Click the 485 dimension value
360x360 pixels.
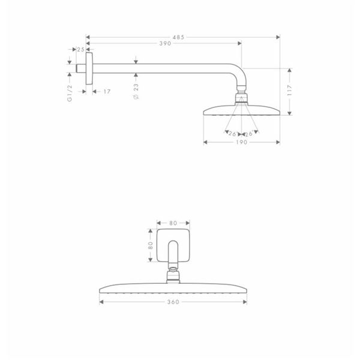coord(179,37)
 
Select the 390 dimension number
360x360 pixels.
coord(166,43)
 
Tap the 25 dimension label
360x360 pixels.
coord(80,49)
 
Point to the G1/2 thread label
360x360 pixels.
coord(70,93)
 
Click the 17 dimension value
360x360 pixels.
coord(107,92)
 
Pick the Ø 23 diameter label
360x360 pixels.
coord(136,91)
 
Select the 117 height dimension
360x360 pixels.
coord(289,90)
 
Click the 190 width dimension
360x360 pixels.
coord(242,142)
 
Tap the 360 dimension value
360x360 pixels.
coord(173,302)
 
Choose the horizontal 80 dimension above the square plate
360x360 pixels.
coord(173,223)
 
